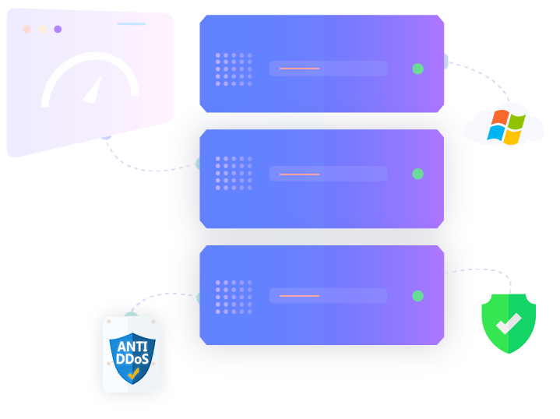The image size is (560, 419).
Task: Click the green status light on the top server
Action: point(417,69)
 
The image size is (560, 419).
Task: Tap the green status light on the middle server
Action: point(417,174)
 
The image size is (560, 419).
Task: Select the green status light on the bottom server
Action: point(417,296)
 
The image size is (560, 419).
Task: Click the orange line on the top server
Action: point(299,69)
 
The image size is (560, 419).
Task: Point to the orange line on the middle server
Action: point(299,174)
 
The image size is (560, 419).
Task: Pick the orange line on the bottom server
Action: point(299,296)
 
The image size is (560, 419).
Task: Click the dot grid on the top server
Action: point(234,69)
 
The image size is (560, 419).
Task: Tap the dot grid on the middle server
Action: point(234,173)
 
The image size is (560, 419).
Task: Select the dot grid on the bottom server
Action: point(234,298)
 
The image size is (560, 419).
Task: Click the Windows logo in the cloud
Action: point(506,127)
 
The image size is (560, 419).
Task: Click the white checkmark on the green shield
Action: point(509,323)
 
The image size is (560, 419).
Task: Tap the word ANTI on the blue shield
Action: point(132,347)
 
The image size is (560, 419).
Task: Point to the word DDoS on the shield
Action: point(132,358)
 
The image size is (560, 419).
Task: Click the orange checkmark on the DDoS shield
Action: point(133,374)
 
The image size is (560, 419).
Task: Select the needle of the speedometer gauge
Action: point(93,90)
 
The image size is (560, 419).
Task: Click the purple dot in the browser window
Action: point(58,30)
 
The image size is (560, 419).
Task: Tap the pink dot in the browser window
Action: point(26,30)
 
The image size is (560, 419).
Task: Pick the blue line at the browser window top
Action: point(132,24)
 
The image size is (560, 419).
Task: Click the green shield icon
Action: point(509,323)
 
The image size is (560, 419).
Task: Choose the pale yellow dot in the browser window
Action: point(42,30)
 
